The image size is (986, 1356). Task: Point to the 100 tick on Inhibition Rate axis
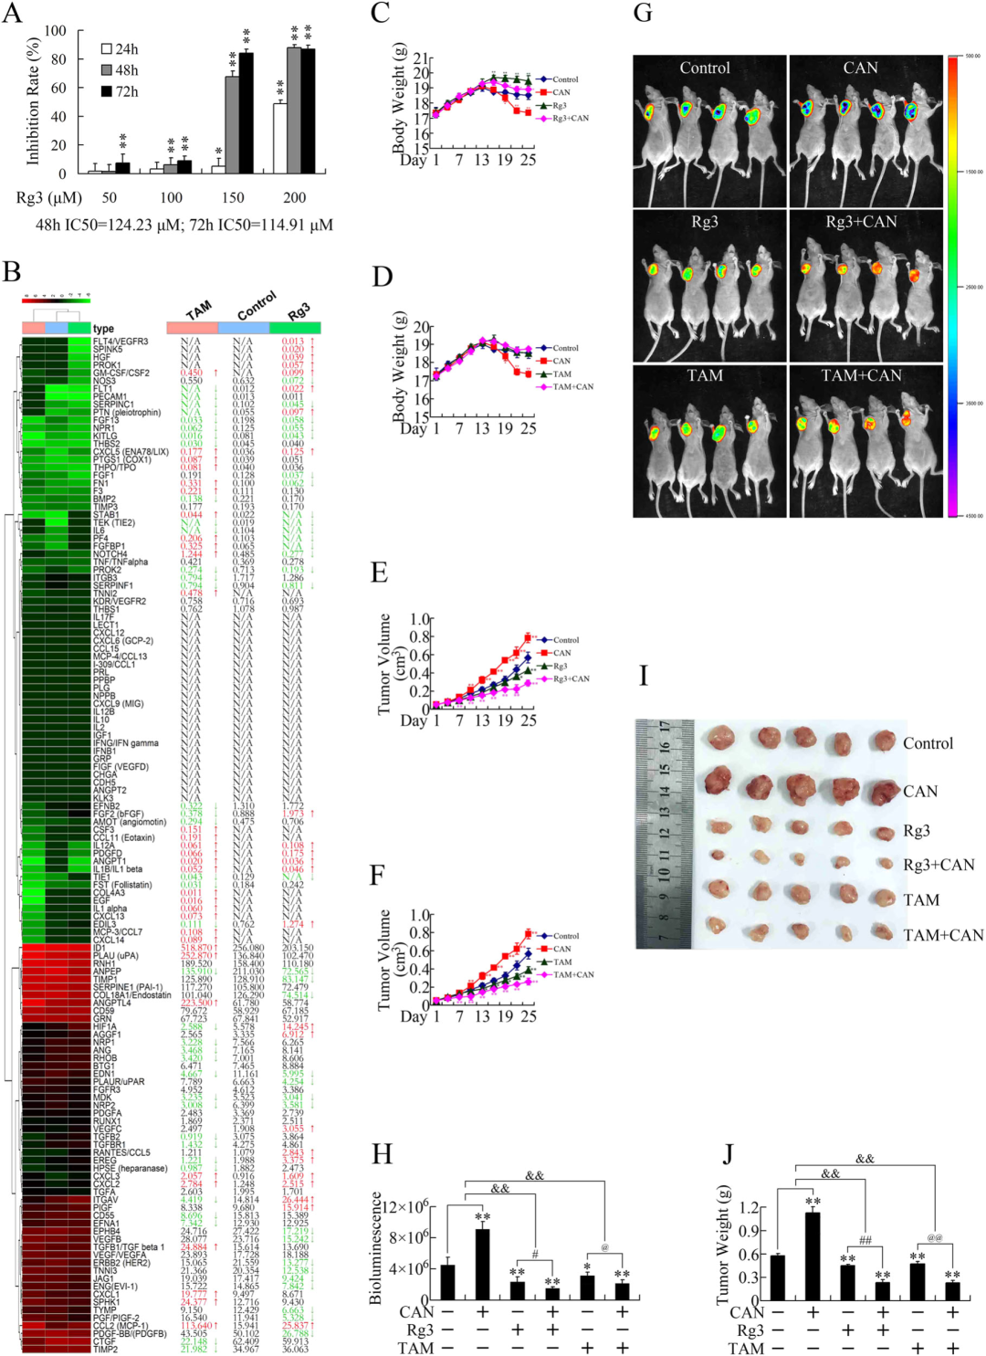[x=56, y=31]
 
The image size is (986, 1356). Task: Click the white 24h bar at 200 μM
[x=280, y=138]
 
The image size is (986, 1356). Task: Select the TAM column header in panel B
[x=198, y=310]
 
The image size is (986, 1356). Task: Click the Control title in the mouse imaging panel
[x=705, y=68]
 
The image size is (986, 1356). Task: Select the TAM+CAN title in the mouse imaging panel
[x=861, y=376]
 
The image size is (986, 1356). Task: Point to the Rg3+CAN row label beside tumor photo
[x=939, y=865]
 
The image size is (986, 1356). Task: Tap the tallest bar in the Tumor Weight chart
[x=813, y=1256]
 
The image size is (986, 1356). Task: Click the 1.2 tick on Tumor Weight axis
[x=750, y=1208]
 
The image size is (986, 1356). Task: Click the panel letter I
[x=644, y=676]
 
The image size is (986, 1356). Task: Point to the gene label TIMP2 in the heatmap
[x=106, y=1350]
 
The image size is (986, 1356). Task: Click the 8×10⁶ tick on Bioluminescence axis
[x=411, y=1237]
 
